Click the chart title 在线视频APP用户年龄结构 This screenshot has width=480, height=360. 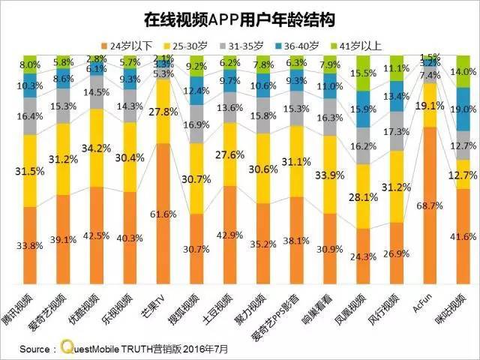[x=240, y=16]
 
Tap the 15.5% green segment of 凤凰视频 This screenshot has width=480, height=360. [x=366, y=73]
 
